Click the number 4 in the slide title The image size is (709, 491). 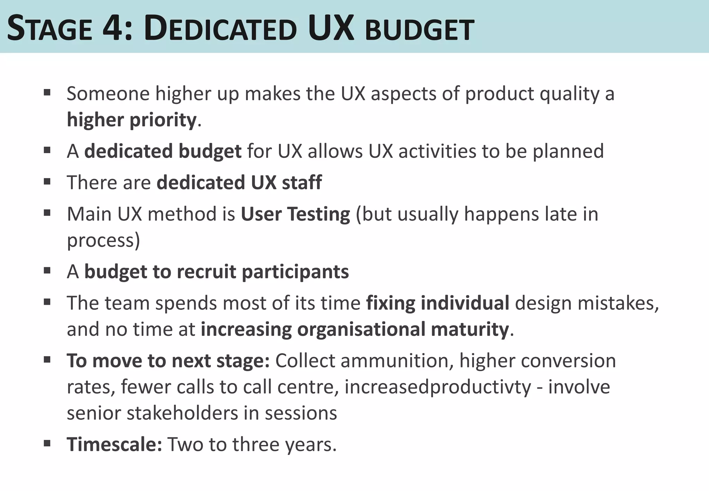[111, 29]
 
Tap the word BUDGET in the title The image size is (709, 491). [419, 30]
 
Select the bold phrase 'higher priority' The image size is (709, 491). [132, 120]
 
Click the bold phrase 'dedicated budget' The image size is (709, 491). [163, 151]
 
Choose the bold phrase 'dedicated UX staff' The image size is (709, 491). [239, 182]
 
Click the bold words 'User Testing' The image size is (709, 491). [295, 214]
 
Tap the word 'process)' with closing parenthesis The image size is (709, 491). [103, 240]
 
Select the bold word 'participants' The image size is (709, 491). [295, 271]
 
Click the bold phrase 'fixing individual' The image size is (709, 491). [438, 303]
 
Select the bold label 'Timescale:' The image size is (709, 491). [114, 444]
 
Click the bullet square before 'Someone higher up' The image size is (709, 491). [47, 92]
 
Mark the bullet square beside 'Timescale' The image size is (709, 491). [47, 443]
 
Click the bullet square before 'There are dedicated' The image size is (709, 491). [47, 181]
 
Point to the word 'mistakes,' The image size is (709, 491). [587, 303]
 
